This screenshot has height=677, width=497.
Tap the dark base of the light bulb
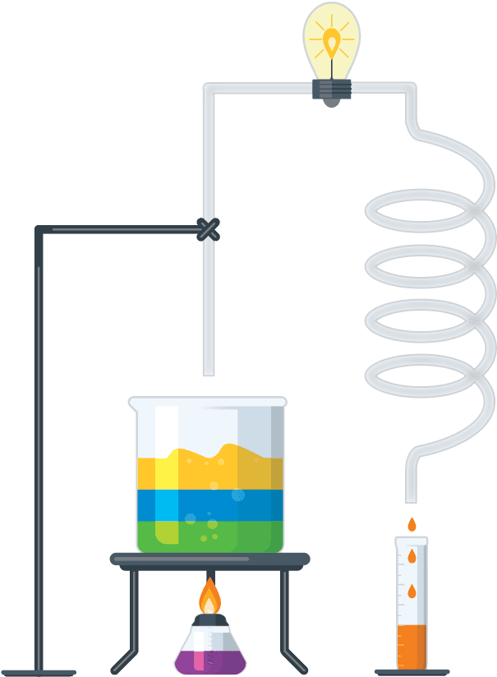[x=331, y=90]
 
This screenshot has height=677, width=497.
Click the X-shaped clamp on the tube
[x=209, y=229]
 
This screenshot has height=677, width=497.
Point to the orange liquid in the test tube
[x=411, y=646]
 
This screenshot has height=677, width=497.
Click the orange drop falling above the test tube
[x=412, y=524]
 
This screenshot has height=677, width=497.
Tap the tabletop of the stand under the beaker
[x=209, y=560]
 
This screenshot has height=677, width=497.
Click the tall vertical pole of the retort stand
[x=39, y=452]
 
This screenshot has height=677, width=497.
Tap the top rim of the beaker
[x=207, y=400]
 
